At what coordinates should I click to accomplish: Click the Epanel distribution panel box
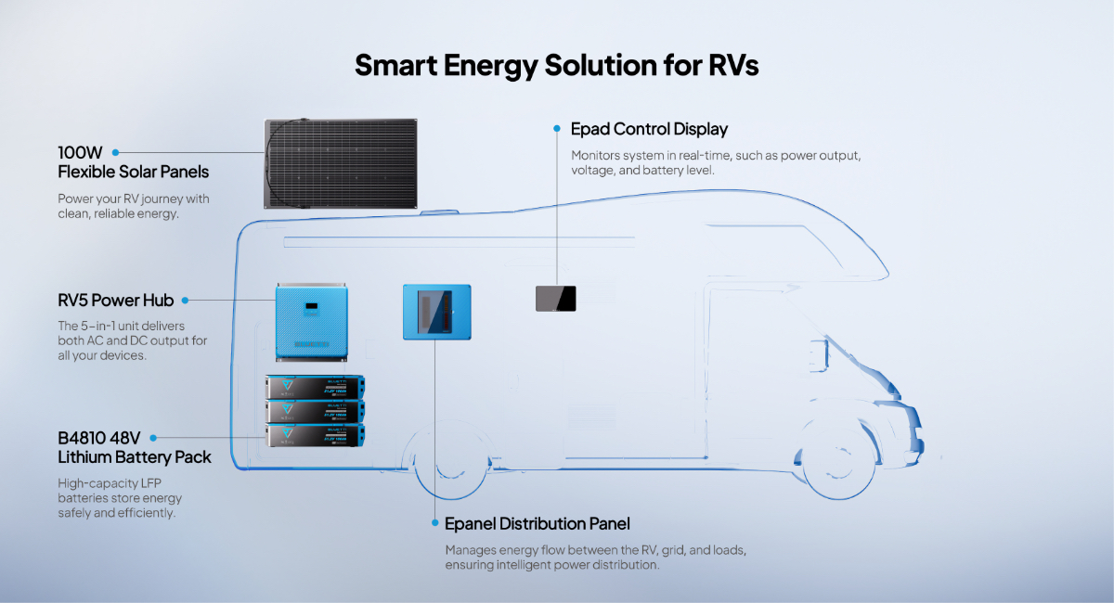point(436,312)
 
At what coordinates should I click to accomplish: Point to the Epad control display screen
point(556,298)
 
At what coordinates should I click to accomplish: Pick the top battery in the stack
point(315,387)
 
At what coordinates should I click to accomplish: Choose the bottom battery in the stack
point(315,436)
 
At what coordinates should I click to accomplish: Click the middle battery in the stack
point(315,411)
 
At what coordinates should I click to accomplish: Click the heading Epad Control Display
point(649,129)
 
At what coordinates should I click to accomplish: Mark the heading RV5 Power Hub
point(115,301)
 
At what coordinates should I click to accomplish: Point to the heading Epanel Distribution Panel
point(538,524)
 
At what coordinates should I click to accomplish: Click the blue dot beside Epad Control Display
point(557,128)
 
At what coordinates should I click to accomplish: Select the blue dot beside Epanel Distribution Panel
point(434,523)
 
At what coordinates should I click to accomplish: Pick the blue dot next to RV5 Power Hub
point(184,301)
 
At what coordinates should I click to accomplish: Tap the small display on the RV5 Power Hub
point(314,303)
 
